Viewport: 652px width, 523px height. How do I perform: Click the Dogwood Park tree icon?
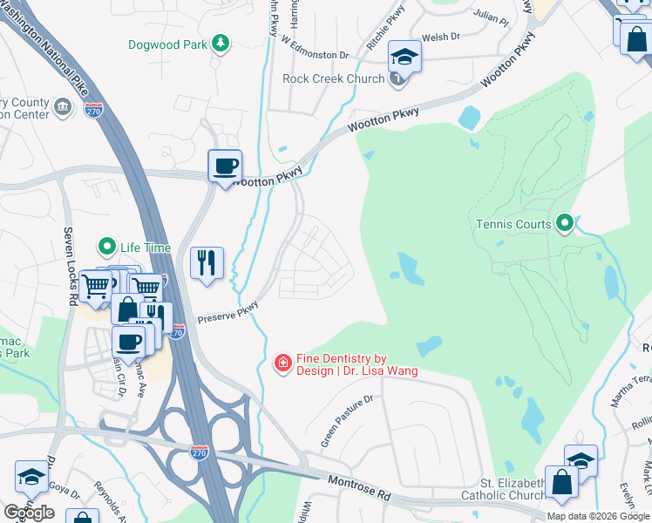(x=222, y=43)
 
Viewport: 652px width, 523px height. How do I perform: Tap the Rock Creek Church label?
(x=333, y=79)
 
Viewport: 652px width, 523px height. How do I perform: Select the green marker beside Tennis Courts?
(x=565, y=224)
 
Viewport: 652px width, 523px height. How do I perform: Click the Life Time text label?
(x=145, y=248)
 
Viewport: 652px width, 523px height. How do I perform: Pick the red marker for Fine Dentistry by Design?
(x=282, y=363)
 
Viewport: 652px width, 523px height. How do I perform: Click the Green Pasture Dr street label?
(x=346, y=421)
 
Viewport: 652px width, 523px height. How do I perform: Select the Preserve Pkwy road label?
(x=228, y=312)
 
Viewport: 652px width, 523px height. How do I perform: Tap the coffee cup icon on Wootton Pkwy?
(x=225, y=166)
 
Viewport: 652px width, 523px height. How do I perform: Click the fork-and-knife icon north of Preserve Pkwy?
(x=207, y=262)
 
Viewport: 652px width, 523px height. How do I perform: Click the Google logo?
(x=29, y=512)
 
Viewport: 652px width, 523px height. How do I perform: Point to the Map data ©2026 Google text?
(x=598, y=516)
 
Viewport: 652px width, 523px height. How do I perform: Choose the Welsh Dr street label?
(x=440, y=37)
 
